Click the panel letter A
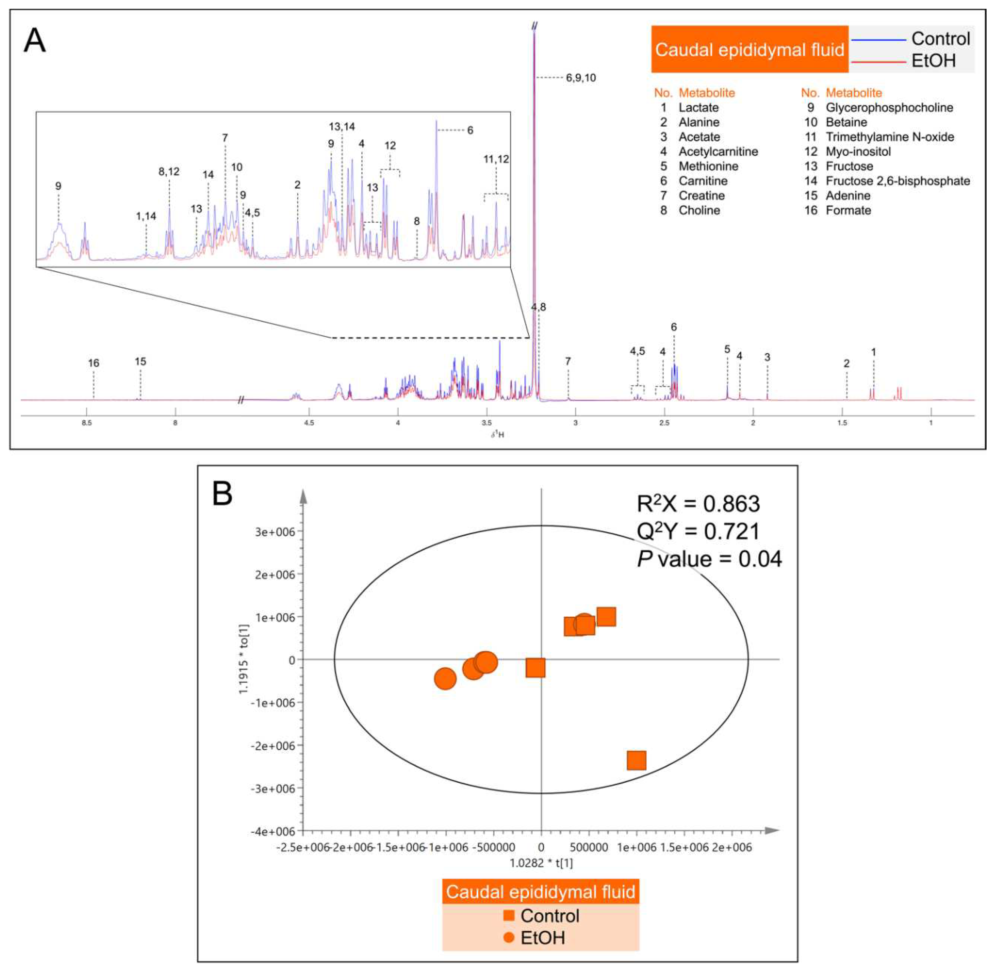35,41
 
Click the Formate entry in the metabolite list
848,211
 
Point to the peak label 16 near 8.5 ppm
93,363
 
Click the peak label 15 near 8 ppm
140,361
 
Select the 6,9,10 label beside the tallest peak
581,78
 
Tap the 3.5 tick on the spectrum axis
487,423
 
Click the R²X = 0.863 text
698,504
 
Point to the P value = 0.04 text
709,559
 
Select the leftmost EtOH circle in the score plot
445,679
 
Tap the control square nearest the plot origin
535,668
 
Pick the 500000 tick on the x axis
589,848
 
